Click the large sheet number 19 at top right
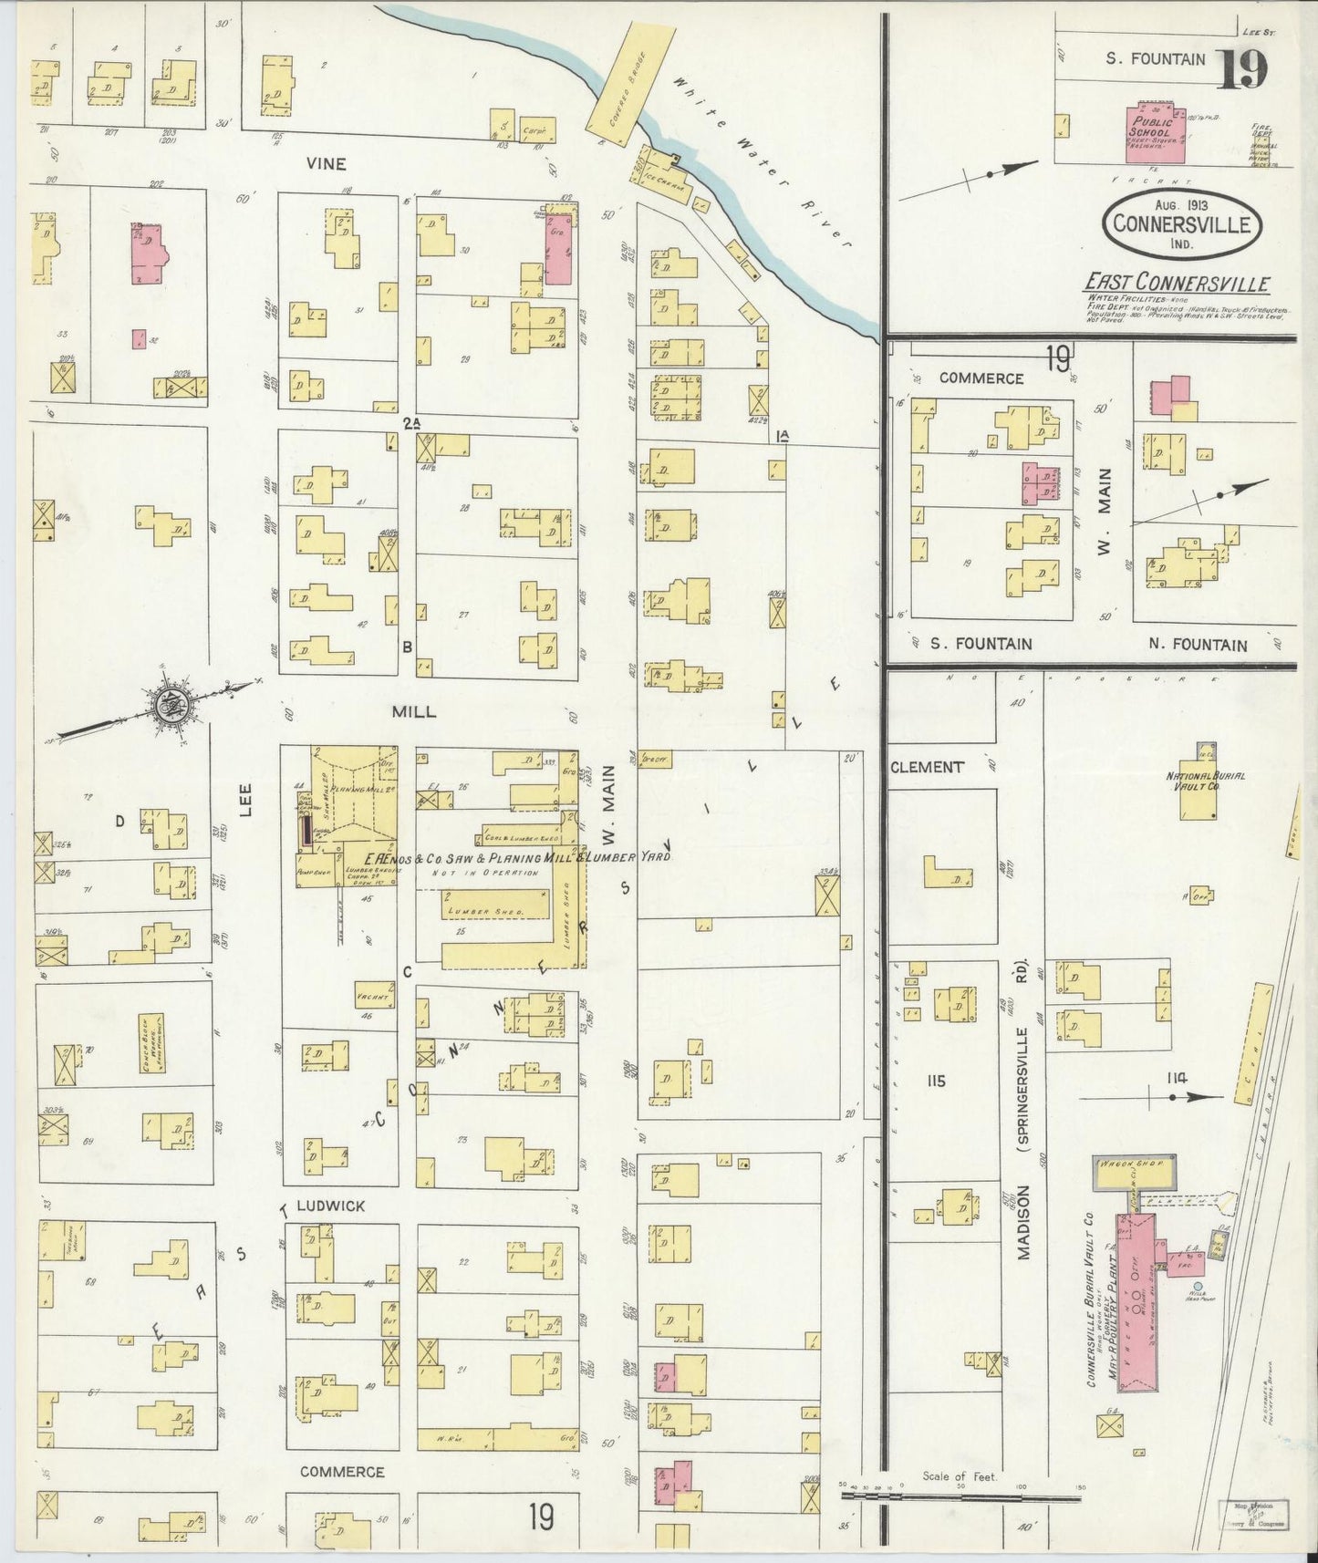pos(1241,69)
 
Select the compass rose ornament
pos(170,705)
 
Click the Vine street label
pos(326,164)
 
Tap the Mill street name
pos(414,711)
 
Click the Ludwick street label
pos(331,1206)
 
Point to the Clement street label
pos(927,767)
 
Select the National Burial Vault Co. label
pos(1206,780)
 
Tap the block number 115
pos(935,1082)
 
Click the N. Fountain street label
pos(1198,645)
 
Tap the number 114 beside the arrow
pos(1177,1079)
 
